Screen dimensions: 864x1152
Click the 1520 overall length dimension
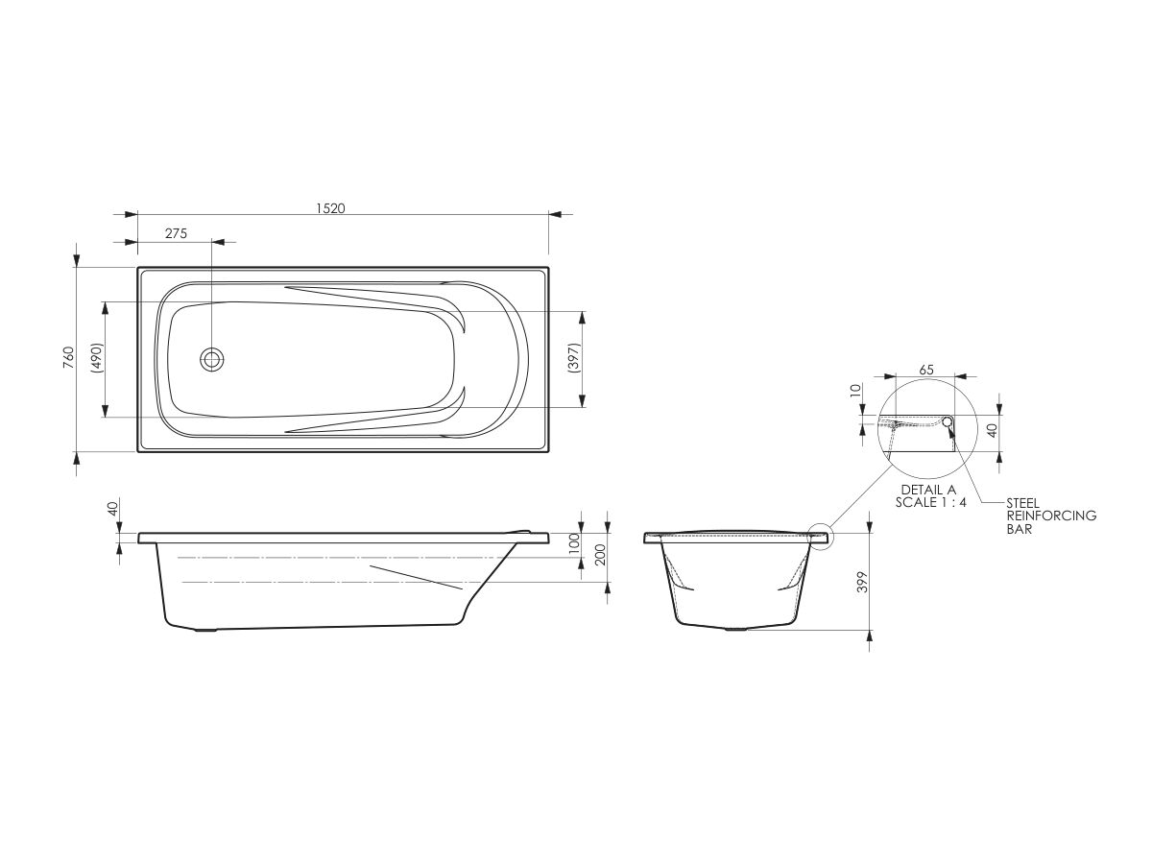(x=329, y=206)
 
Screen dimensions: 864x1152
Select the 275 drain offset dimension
(x=175, y=233)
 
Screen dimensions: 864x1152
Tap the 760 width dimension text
(x=67, y=357)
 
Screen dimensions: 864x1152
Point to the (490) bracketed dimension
(x=97, y=358)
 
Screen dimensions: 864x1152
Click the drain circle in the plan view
(x=212, y=360)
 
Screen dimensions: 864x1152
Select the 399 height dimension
(x=861, y=582)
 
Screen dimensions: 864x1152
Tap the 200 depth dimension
(x=600, y=555)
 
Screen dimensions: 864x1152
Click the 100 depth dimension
(x=574, y=542)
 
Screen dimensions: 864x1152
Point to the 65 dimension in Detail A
(x=926, y=369)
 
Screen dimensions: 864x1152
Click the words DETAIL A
(x=927, y=490)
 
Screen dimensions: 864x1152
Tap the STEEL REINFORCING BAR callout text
(x=1050, y=516)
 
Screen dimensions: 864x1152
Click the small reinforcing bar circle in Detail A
(x=948, y=420)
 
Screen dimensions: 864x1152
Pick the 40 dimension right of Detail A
(x=993, y=430)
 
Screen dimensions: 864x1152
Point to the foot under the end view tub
(x=737, y=631)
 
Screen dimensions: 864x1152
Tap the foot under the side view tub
(x=206, y=631)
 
